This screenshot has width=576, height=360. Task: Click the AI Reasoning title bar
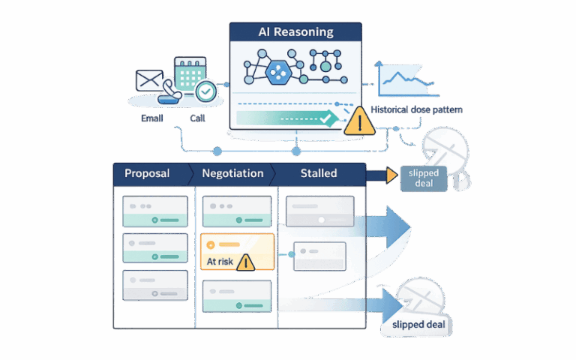pos(296,32)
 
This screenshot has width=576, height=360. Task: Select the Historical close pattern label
pos(416,109)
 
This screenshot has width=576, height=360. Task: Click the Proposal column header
pos(147,173)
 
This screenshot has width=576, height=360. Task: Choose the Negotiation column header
pos(232,173)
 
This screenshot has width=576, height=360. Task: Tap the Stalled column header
pos(319,173)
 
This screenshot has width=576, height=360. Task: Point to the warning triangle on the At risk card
pos(245,262)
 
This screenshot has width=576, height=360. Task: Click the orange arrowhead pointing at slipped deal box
pos(391,175)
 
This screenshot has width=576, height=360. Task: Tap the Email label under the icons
pos(151,118)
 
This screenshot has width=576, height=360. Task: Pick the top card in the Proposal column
pos(155,211)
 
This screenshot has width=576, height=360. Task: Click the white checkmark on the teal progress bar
pos(325,118)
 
